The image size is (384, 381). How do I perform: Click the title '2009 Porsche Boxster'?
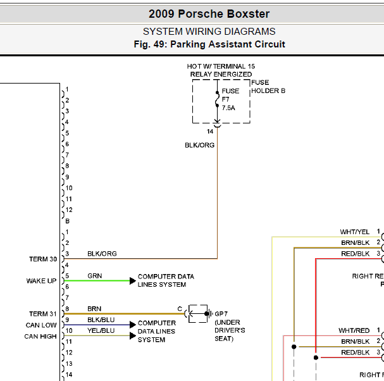[209, 14]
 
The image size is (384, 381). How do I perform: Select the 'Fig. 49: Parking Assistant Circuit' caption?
[209, 44]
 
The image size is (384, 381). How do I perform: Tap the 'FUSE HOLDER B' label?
[268, 87]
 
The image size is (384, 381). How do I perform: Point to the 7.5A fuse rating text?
[228, 108]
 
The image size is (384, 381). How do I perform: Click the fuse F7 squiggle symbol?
[217, 99]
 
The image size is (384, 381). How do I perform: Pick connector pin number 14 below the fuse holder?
[210, 132]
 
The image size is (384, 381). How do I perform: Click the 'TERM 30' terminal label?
[43, 259]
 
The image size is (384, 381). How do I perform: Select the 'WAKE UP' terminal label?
[41, 281]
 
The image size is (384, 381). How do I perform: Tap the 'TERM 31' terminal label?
[43, 314]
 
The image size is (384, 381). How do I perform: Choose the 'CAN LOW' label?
[41, 325]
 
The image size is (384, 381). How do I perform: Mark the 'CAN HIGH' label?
[40, 337]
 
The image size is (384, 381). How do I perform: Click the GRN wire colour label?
[94, 276]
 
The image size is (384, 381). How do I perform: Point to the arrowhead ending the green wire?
[132, 281]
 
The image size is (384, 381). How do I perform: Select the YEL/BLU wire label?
[101, 331]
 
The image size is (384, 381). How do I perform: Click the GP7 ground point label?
[221, 314]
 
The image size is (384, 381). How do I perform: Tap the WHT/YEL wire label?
[355, 232]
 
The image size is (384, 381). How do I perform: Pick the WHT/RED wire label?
[354, 330]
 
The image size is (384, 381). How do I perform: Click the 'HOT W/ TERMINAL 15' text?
[221, 66]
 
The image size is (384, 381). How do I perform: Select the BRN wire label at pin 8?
[94, 309]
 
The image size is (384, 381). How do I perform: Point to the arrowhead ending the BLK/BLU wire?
[132, 325]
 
